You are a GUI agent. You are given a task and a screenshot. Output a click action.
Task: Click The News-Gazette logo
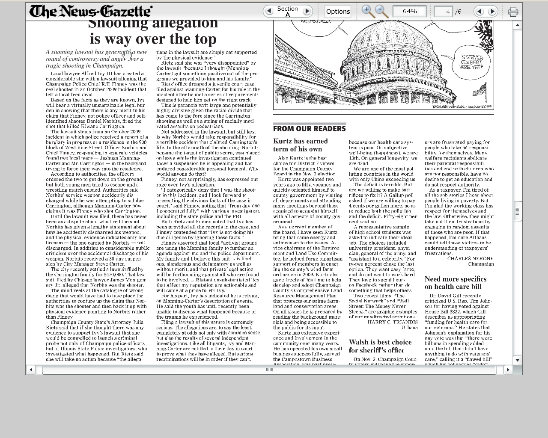click(91, 11)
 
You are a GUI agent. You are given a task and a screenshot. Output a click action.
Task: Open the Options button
click(338, 12)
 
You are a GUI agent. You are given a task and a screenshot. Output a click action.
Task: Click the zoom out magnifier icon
click(381, 11)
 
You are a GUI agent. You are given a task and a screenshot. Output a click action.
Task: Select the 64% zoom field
click(409, 11)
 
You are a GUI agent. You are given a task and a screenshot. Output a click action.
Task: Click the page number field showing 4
click(443, 12)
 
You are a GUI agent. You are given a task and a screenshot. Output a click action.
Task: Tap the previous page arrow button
click(479, 12)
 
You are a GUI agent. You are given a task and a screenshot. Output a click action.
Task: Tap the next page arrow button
click(492, 12)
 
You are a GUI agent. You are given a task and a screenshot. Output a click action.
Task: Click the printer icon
click(513, 12)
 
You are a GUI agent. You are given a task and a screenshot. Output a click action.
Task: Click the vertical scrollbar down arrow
click(517, 360)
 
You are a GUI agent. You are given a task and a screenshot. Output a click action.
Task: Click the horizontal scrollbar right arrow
click(508, 370)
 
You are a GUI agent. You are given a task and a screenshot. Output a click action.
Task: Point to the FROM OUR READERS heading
click(309, 128)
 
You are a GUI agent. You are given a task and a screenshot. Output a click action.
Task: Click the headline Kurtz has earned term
click(300, 145)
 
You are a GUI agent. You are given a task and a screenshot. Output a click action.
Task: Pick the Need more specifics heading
click(455, 283)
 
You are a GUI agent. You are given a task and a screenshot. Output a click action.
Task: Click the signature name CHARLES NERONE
click(470, 258)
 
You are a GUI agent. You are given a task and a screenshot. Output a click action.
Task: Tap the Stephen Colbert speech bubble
click(472, 62)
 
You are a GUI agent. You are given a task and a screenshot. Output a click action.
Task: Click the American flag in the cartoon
click(480, 90)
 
